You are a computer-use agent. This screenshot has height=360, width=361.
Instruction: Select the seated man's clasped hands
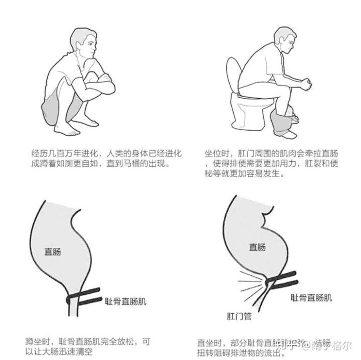pyautogui.click(x=306, y=83)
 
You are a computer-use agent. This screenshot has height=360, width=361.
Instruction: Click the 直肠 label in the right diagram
pyautogui.click(x=257, y=246)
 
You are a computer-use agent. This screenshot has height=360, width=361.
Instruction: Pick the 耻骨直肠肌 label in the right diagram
pyautogui.click(x=311, y=297)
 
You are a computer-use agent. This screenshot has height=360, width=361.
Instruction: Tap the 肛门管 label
pyautogui.click(x=238, y=316)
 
